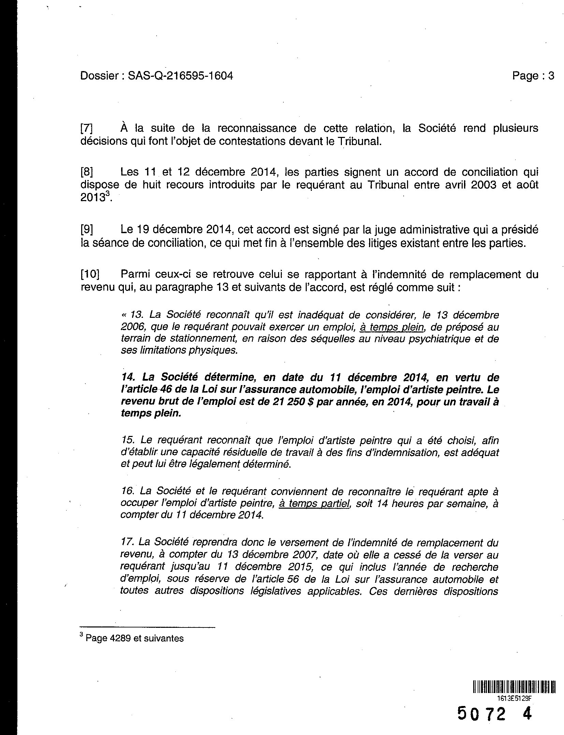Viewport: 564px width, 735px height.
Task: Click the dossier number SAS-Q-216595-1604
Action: [180, 75]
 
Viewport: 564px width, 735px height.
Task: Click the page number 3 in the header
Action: [551, 75]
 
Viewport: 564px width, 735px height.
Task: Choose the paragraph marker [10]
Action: [90, 274]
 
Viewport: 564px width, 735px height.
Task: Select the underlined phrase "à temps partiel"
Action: [315, 504]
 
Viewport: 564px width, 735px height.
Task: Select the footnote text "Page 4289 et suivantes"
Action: [134, 638]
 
